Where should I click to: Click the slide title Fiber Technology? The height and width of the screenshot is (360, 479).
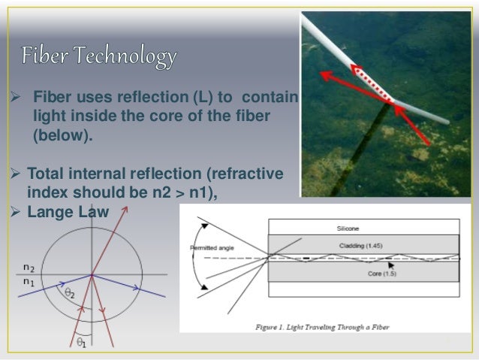click(x=98, y=56)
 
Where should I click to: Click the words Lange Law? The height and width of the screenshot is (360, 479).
click(x=68, y=213)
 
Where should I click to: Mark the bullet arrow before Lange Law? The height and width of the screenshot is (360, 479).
click(x=11, y=213)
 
